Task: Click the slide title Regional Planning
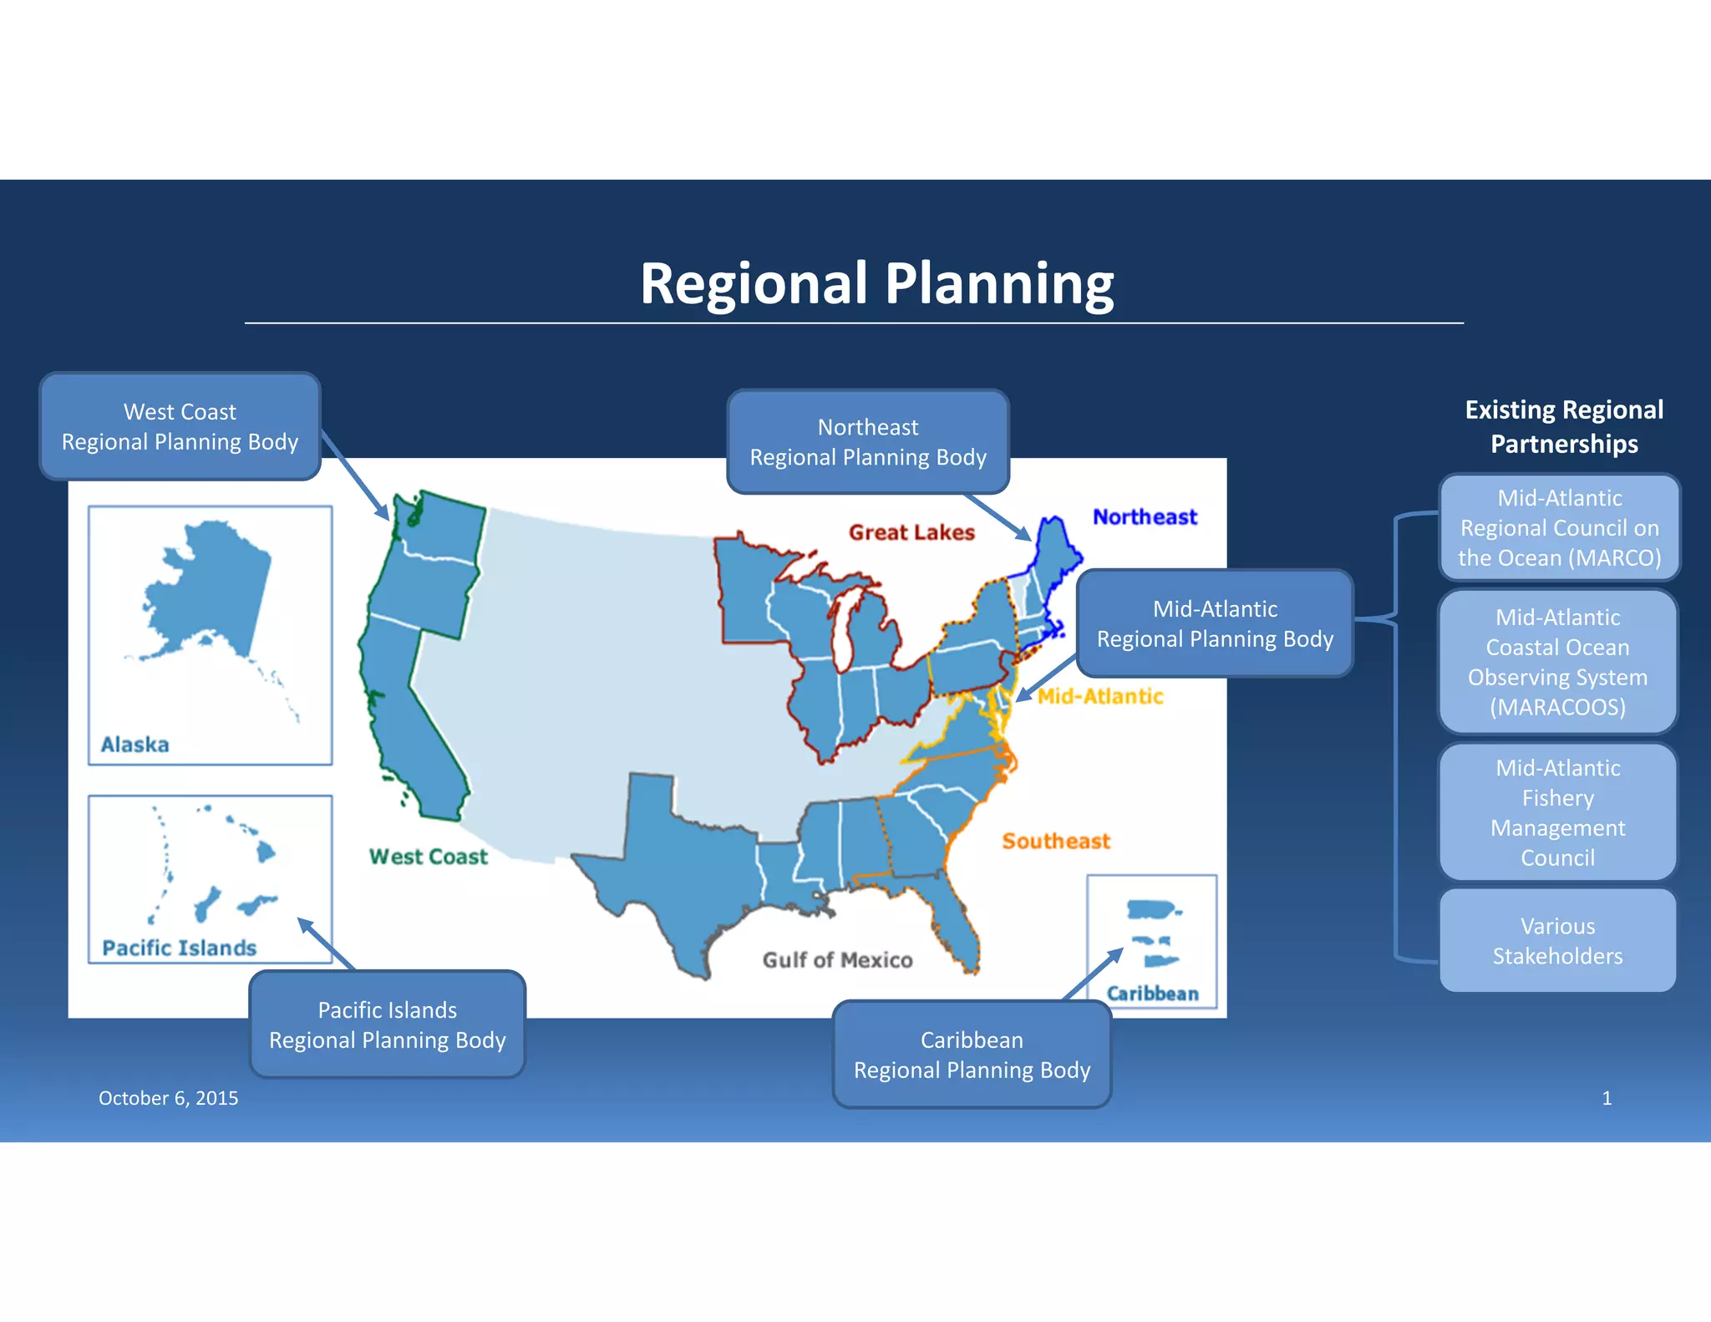coord(876,284)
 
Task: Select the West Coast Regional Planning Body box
coord(180,427)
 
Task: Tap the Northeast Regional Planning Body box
coord(868,442)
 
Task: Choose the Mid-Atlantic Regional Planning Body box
coord(1215,624)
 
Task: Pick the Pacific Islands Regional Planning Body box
coord(387,1025)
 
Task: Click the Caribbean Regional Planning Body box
coord(972,1055)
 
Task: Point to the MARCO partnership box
coord(1559,528)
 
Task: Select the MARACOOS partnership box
coord(1557,662)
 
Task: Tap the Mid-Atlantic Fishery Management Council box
coord(1557,812)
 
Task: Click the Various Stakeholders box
coord(1557,941)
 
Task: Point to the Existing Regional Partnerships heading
coord(1564,426)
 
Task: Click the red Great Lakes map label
coord(911,532)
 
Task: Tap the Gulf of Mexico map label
coord(837,960)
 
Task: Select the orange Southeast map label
coord(1056,842)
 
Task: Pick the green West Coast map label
coord(428,857)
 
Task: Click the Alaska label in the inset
coord(135,745)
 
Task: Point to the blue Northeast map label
coord(1145,517)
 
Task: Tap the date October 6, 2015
coord(168,1098)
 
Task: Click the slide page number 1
coord(1606,1098)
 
